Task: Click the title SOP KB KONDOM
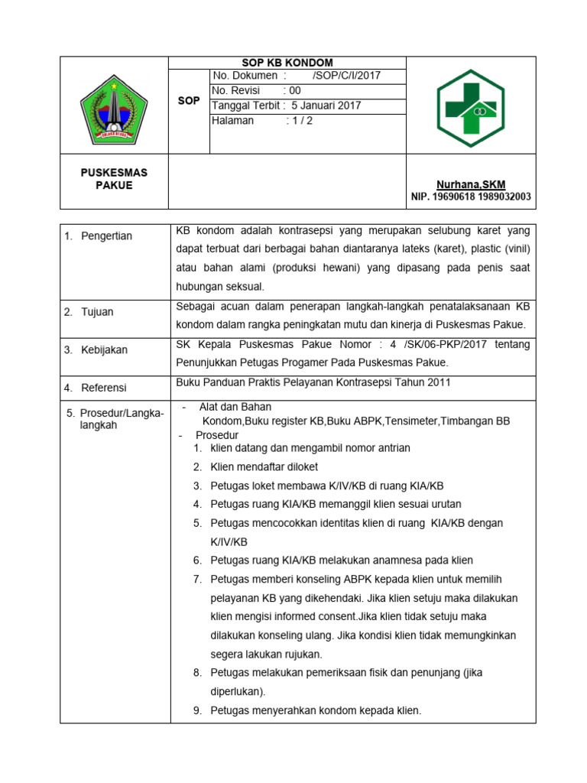(287, 63)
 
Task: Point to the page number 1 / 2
(300, 121)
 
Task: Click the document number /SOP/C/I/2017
(346, 76)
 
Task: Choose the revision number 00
(293, 90)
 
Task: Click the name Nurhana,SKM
(470, 184)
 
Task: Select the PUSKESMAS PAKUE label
(114, 179)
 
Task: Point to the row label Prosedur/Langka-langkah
(114, 419)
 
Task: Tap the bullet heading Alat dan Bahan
(235, 407)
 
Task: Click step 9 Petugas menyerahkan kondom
(316, 710)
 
